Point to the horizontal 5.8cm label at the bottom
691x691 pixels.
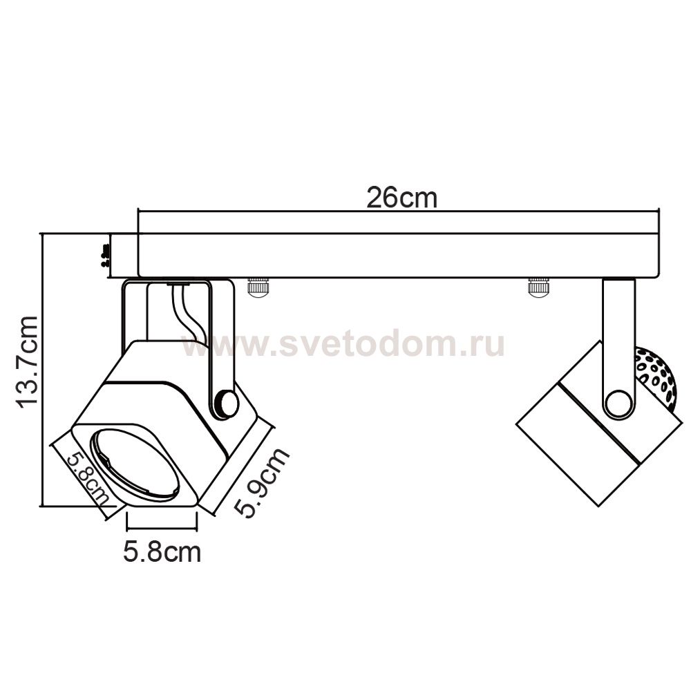pos(162,551)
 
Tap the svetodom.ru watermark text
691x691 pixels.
pos(343,343)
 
